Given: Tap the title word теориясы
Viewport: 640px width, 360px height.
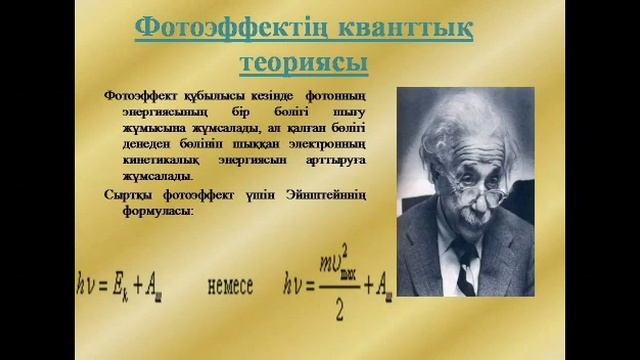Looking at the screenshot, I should pos(304,62).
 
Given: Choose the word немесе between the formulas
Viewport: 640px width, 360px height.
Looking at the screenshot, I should pos(236,285).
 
